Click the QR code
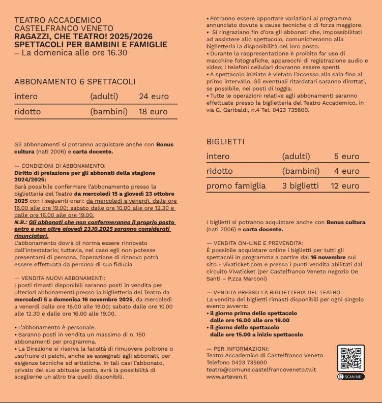351,359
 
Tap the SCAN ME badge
351,377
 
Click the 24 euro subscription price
154,97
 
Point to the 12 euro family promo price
345,186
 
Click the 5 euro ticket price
346,157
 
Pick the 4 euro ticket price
346,171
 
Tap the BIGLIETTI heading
225,141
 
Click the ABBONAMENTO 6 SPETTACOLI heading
75,81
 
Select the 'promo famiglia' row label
236,186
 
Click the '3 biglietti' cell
300,186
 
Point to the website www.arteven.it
227,377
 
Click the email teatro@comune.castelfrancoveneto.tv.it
261,369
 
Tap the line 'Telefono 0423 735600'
237,362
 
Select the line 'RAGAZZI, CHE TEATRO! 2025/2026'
76,37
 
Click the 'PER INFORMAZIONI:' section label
235,348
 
